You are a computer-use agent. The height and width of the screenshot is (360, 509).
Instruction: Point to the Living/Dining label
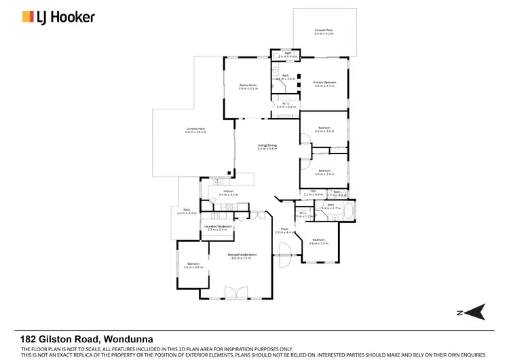coord(267,146)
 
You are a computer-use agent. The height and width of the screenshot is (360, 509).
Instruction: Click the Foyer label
coord(285,230)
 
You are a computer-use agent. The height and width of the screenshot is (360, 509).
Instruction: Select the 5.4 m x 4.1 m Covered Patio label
coord(324,32)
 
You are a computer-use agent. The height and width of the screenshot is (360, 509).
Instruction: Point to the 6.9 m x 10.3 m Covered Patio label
coord(195,130)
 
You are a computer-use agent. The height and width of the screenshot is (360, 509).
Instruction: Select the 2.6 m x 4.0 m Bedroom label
coord(193,266)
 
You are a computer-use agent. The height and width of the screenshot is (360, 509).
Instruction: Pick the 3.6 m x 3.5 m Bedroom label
coord(319,241)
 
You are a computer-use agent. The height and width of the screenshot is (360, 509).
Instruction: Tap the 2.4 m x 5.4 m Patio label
coord(186,212)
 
